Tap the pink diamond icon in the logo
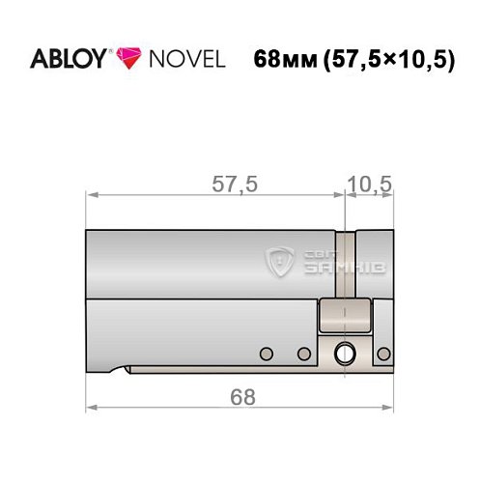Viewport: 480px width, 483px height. [x=128, y=59]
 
